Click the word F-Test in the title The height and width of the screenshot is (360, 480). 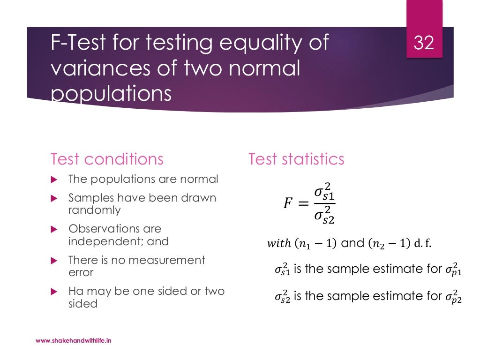(x=80, y=44)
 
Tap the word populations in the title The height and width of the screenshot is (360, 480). (x=111, y=94)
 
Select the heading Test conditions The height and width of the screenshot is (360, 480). (x=107, y=159)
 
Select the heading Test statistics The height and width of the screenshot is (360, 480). (x=296, y=159)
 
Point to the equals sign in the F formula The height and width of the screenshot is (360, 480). (x=304, y=204)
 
